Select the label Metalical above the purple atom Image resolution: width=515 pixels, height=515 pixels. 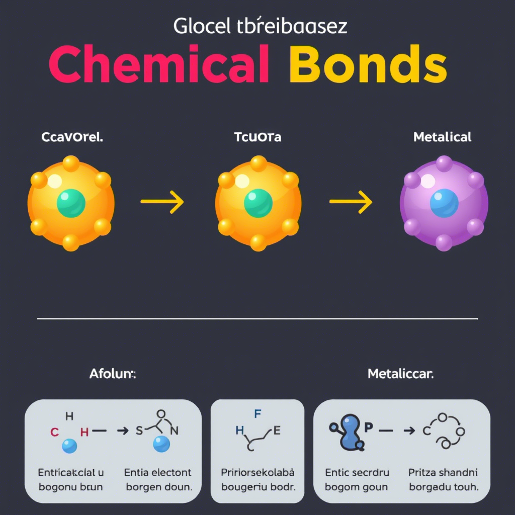(442, 137)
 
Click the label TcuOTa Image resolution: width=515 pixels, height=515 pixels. (258, 137)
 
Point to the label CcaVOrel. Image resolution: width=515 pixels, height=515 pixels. (72, 137)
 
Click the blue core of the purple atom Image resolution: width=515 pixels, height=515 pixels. (444, 203)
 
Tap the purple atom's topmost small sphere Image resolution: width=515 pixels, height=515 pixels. (444, 163)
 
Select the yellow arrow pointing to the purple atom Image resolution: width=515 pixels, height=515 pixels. (351, 202)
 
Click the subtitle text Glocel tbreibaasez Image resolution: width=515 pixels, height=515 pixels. (260, 26)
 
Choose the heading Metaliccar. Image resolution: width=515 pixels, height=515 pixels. (401, 374)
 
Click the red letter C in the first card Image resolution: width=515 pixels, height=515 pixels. (55, 432)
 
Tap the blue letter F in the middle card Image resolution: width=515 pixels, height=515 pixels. (257, 414)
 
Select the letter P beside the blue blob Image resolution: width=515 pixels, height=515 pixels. (368, 427)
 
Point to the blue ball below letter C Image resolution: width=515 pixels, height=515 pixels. (69, 446)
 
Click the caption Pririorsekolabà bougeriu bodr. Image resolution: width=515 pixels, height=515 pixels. (257, 479)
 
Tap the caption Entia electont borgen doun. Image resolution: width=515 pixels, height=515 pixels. (158, 479)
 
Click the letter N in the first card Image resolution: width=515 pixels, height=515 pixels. (175, 431)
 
